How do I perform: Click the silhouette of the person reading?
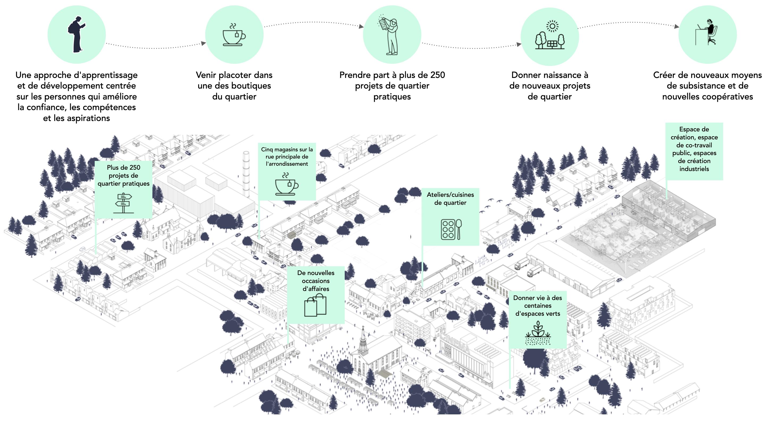click(x=76, y=35)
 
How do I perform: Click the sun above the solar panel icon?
click(x=552, y=26)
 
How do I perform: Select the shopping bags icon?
click(x=315, y=305)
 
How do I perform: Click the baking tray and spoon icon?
click(x=451, y=229)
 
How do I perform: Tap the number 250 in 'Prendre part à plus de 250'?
click(x=437, y=75)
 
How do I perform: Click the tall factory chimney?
click(x=246, y=174)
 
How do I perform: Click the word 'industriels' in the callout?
click(x=694, y=169)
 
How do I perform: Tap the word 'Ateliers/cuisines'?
click(x=450, y=195)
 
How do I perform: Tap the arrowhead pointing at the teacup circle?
click(x=203, y=43)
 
